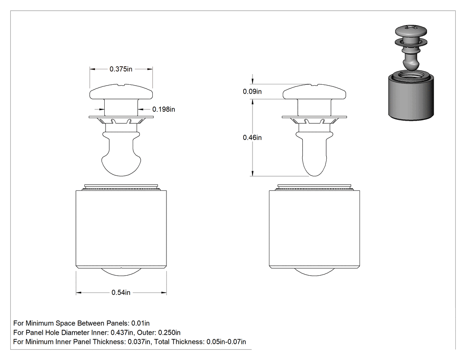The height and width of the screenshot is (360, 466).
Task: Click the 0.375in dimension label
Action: pos(121,69)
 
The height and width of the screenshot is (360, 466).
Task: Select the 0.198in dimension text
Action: pos(164,109)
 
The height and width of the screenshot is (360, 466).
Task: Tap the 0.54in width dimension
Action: pos(121,293)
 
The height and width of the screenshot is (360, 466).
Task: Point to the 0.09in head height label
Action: pos(253,91)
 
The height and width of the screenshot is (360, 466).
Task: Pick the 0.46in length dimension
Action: pos(253,138)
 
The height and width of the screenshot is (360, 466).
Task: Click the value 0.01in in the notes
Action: pos(141,323)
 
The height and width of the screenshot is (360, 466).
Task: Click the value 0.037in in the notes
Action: pos(139,342)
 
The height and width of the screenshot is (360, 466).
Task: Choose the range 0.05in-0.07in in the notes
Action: pos(226,342)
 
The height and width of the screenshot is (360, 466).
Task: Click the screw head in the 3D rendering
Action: pos(411,32)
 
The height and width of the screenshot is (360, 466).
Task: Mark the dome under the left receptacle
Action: pos(121,272)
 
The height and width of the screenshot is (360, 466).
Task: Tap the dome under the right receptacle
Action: pos(314,272)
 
